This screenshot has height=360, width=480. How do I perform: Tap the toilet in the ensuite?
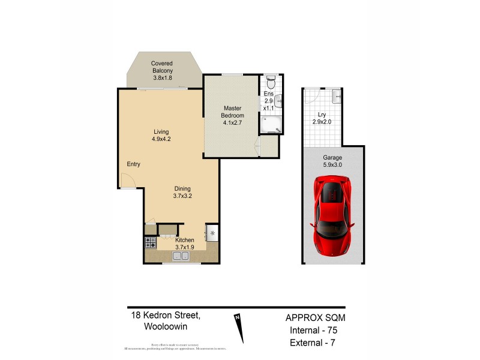(x=270, y=81)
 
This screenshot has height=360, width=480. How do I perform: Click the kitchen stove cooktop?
(x=150, y=243)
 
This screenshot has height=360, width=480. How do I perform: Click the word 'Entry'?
(x=134, y=164)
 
